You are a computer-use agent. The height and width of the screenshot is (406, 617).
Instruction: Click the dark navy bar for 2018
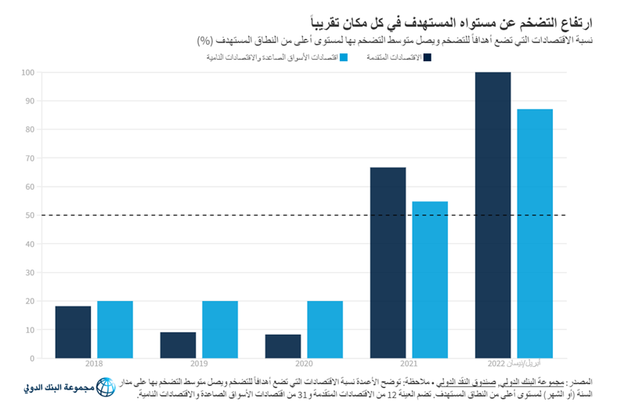pos(73,332)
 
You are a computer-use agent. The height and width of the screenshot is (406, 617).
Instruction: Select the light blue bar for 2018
pos(115,329)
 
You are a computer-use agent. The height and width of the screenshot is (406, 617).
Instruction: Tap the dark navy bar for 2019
pos(178,345)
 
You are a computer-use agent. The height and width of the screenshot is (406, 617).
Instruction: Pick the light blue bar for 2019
pos(220,329)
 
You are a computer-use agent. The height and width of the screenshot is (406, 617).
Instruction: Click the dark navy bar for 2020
pos(283,346)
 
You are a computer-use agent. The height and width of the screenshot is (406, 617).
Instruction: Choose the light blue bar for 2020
pos(325,329)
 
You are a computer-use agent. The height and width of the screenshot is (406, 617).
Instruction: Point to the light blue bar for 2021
pos(430,280)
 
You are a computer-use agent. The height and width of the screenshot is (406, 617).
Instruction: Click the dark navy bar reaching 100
pos(493,216)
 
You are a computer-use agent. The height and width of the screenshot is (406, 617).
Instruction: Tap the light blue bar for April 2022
pos(535,234)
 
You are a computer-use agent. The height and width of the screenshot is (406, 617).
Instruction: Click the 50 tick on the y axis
pos(29,216)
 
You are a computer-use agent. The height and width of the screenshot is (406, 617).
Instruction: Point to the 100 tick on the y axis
pos(27,72)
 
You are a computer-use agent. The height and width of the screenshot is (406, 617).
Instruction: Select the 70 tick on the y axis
pos(29,158)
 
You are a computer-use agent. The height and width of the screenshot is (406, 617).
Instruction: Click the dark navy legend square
pos(428,56)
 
